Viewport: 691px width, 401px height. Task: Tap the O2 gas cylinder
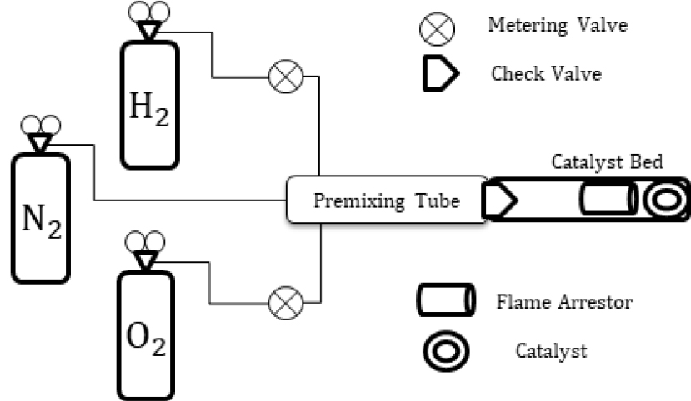pos(146,333)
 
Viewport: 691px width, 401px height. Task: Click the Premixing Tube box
pos(386,199)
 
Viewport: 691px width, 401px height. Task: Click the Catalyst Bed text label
pos(607,161)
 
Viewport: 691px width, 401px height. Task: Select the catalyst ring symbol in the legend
pos(445,351)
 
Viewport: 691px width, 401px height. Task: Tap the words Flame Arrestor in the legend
pos(563,300)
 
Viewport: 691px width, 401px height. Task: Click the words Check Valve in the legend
pos(546,74)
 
